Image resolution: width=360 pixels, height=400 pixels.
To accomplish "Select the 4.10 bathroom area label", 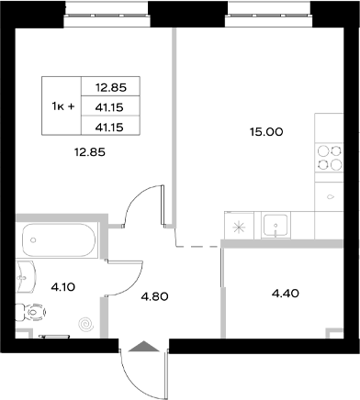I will tap(62, 287).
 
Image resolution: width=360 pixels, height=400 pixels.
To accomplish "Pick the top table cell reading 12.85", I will tap(108, 88).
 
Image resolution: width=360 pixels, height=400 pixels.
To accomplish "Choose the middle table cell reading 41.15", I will tap(108, 106).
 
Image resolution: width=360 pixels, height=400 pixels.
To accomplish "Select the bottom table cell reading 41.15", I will tap(108, 124).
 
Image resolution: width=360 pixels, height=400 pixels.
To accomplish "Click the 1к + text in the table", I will tap(62, 106).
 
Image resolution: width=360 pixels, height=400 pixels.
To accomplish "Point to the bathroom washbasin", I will tap(25, 274).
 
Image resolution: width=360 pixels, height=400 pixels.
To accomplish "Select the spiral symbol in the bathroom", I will tap(85, 324).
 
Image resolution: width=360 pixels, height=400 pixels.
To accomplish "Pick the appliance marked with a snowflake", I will tap(239, 227).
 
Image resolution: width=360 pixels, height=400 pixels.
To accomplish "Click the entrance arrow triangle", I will tap(143, 347).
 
